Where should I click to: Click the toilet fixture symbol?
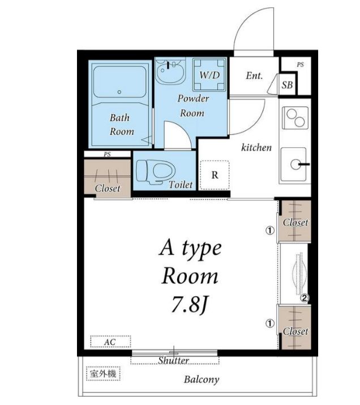[155, 172]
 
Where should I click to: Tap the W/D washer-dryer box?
[209, 75]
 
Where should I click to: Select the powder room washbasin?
[170, 70]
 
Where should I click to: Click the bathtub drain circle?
[119, 92]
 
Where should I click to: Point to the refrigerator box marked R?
[215, 175]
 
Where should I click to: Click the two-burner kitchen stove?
[295, 117]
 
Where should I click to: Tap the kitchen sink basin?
[294, 164]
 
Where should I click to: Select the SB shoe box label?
[287, 85]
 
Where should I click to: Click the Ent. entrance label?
[254, 76]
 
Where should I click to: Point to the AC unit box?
[110, 342]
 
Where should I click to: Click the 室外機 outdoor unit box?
[103, 373]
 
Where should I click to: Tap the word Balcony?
[202, 380]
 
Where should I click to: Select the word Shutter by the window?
[173, 360]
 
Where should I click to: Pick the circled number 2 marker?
[305, 299]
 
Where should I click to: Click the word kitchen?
[256, 147]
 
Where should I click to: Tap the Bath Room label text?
[122, 125]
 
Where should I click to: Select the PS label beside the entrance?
[300, 65]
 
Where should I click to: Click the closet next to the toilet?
[108, 179]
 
